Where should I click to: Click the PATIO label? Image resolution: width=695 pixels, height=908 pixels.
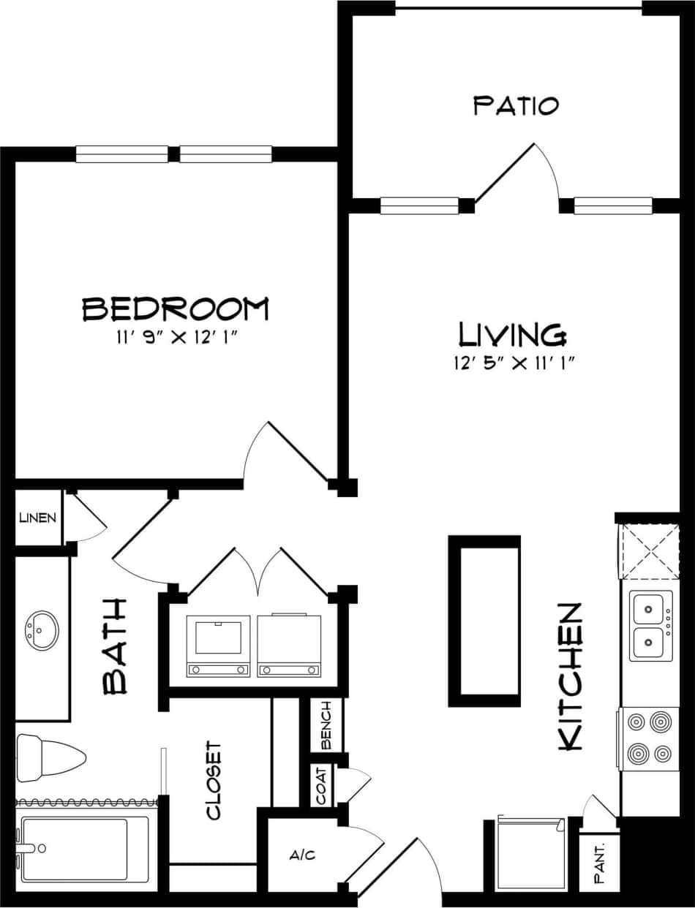pos(516,105)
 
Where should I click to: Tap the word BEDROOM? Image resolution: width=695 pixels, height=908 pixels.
pos(175,309)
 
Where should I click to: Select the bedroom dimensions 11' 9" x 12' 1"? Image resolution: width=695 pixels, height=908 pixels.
pos(175,338)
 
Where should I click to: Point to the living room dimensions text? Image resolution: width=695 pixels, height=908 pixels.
pos(512,363)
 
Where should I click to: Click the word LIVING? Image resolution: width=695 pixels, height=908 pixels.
pos(512,335)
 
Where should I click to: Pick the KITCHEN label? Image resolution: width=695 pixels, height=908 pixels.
pos(570,676)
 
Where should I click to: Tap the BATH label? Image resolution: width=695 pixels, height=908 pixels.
pos(116,646)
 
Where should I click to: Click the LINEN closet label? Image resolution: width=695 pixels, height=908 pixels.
pos(38,518)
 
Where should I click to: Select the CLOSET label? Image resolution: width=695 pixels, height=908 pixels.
pos(213,780)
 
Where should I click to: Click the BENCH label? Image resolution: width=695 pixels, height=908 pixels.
pos(326,725)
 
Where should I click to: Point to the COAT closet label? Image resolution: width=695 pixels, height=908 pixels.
pos(322,784)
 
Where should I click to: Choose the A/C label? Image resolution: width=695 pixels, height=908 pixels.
pos(302,855)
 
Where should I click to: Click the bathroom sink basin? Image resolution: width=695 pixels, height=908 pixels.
pos(42,629)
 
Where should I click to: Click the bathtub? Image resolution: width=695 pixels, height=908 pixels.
pos(85,848)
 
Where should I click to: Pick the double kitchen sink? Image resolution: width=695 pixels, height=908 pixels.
pos(650,627)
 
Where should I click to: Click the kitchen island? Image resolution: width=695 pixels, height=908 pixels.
pos(484,621)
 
